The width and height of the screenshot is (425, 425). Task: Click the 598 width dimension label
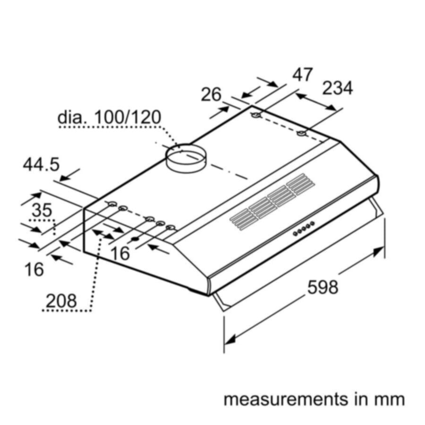[323, 287]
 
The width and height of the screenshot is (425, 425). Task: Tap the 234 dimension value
[338, 88]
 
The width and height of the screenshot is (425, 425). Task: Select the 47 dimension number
[303, 75]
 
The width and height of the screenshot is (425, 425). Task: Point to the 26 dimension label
[211, 94]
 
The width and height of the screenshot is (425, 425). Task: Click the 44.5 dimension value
[41, 164]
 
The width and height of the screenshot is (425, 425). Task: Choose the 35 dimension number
[42, 210]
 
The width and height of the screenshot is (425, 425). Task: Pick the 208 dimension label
[61, 301]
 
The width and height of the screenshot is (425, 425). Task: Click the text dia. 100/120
[110, 118]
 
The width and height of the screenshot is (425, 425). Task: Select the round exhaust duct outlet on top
[186, 158]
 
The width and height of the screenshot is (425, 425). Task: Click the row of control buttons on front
[304, 228]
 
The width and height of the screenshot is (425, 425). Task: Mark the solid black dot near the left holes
[135, 239]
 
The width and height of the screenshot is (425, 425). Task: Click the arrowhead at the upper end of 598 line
[379, 252]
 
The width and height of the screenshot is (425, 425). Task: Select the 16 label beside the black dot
[120, 254]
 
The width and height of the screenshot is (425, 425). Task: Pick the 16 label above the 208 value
[34, 270]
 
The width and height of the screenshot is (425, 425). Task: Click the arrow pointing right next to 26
[220, 112]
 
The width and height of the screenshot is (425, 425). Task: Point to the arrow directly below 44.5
[70, 175]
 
